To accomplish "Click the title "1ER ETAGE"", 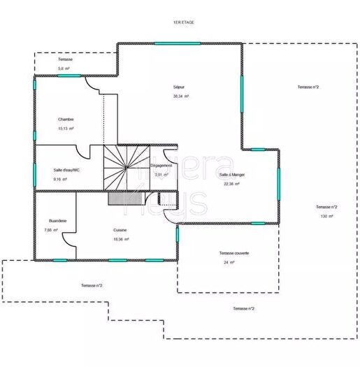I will (184, 23).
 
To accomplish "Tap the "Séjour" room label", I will (179, 87).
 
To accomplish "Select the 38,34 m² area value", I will (179, 96).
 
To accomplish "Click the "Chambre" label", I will (66, 119).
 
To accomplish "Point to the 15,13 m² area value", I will (66, 129).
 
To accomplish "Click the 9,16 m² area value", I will (59, 180).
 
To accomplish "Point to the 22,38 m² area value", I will (231, 184).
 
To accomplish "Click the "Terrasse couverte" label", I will (234, 253).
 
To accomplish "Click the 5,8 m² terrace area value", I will (62, 69).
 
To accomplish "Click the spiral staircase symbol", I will (127, 168).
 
